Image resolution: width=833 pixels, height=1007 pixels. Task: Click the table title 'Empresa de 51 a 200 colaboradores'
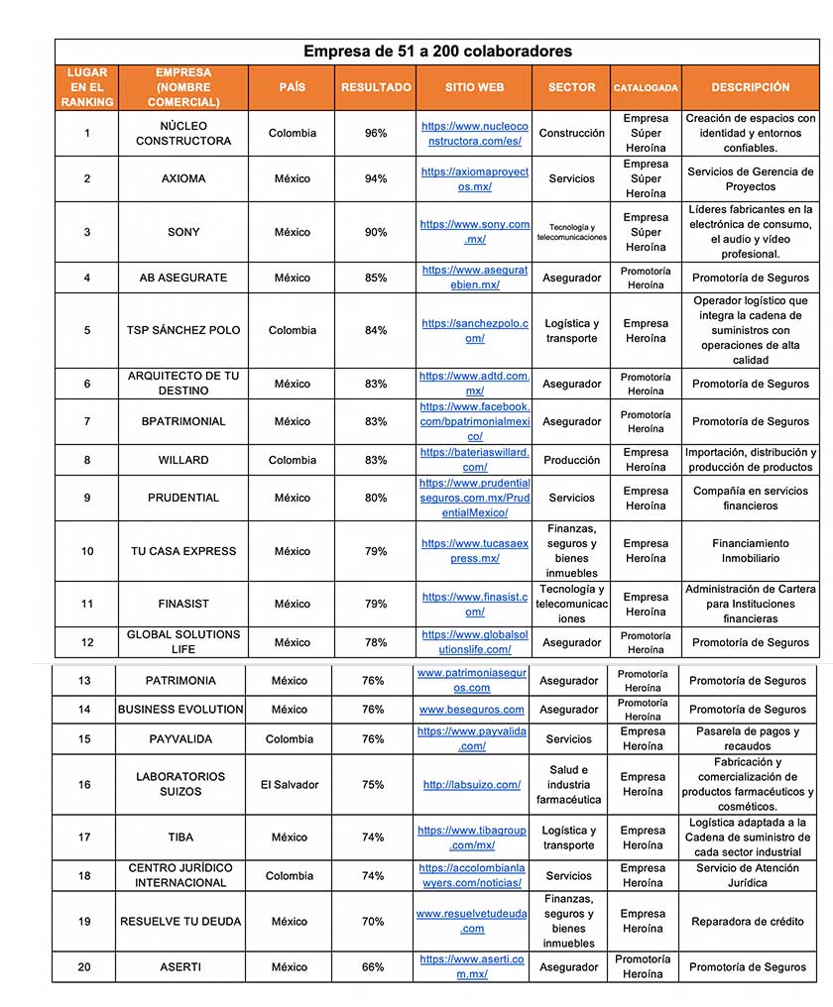437,52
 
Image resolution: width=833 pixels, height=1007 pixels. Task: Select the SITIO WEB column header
474,87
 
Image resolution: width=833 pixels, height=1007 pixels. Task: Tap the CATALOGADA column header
646,88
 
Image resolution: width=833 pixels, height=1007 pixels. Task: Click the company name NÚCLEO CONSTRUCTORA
182,133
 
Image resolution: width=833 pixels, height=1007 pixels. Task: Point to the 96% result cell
376,133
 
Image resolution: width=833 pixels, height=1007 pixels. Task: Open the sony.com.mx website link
475,232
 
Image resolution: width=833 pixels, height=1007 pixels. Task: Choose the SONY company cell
182,232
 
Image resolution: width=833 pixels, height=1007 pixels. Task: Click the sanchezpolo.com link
475,330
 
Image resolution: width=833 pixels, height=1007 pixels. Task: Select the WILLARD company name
182,460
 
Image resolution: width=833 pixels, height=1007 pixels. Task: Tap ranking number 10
87,551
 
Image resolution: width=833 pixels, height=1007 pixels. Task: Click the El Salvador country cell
290,784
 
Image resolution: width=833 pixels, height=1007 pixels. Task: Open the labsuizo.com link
472,784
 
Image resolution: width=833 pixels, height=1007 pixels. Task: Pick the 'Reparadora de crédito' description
748,921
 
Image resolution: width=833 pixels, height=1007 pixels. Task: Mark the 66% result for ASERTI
373,966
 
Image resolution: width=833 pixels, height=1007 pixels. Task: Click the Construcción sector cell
572,133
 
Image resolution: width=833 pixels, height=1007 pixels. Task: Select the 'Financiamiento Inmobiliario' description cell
751,551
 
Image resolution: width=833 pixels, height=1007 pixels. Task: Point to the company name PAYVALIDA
180,738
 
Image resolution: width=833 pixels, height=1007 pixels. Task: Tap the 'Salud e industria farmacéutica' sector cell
569,784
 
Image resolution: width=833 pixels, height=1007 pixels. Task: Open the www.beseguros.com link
472,709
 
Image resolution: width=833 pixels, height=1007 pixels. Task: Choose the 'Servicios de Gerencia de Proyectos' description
751,178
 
